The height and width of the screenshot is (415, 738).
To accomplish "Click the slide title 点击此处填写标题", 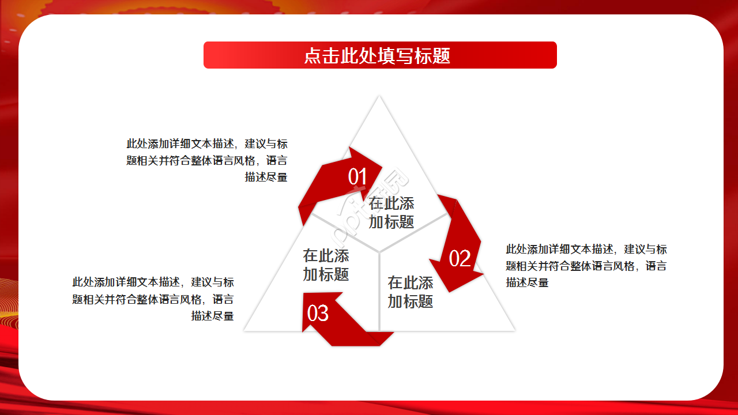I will click(378, 55).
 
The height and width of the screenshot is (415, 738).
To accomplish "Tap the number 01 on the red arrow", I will click(357, 177).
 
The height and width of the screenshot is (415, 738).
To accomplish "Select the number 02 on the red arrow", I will click(460, 259).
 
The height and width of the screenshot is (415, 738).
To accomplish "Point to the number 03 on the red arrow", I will click(318, 313).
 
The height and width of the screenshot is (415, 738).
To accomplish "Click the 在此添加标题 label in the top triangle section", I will click(391, 212).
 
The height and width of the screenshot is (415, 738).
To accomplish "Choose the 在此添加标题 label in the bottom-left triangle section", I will click(326, 265).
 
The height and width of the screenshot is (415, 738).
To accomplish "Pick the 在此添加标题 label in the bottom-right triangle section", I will click(411, 292).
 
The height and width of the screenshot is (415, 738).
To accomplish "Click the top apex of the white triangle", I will click(379, 96).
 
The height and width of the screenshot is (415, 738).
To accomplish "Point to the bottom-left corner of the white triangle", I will click(245, 330).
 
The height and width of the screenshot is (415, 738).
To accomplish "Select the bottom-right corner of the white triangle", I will click(514, 330).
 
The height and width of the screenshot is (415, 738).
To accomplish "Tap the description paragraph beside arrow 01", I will click(207, 160).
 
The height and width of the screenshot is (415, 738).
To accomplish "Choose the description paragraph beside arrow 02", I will click(586, 266).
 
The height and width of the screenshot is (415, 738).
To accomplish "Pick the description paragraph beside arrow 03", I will click(153, 299).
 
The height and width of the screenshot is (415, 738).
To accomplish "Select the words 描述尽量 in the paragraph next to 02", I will click(527, 282).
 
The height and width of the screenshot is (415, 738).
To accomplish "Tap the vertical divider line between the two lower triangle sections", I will click(379, 291).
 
